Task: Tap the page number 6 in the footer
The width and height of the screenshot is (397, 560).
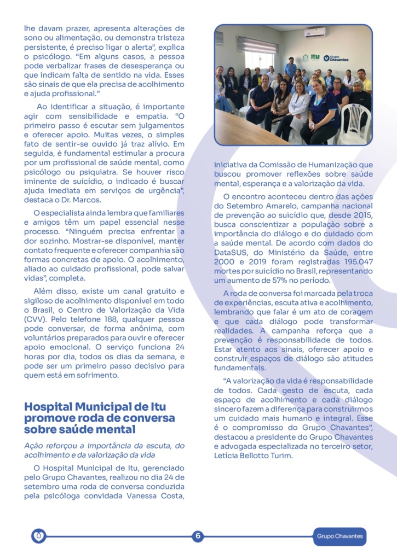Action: click(x=198, y=536)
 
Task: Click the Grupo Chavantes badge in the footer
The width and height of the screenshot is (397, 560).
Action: click(x=340, y=536)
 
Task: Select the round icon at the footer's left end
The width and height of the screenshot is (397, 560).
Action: click(x=38, y=536)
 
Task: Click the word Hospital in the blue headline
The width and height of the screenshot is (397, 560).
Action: click(x=49, y=407)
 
